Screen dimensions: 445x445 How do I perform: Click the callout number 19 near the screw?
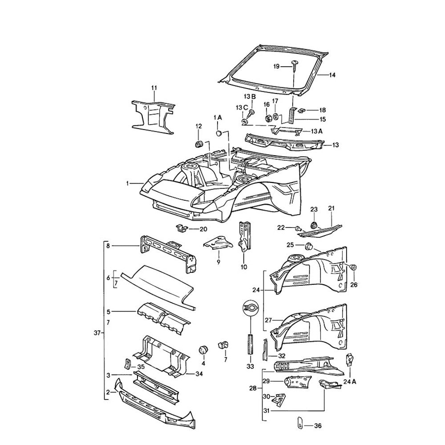point(276,66)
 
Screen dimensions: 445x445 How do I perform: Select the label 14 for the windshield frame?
point(332,75)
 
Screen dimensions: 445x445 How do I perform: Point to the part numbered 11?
point(153,114)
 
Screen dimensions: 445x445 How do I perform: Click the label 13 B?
point(249,97)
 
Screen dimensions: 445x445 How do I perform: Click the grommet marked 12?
point(200,144)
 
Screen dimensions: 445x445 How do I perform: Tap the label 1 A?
point(218,117)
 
